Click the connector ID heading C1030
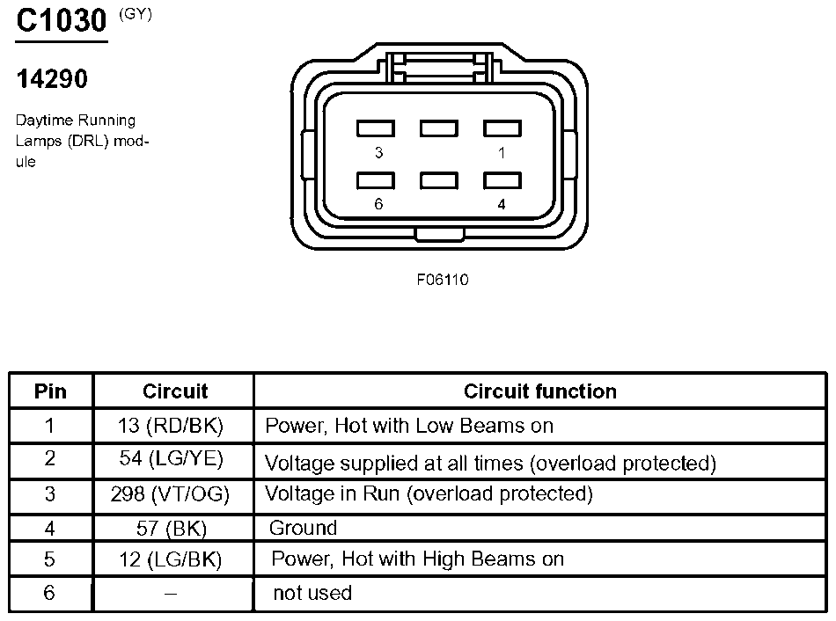(x=62, y=21)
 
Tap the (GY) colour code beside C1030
(x=136, y=14)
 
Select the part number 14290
(x=52, y=79)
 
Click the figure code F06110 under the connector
(x=443, y=280)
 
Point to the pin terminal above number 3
(x=376, y=128)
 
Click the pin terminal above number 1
(x=502, y=128)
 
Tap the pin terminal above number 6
(x=376, y=180)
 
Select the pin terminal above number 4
(x=502, y=180)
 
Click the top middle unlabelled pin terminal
(x=439, y=128)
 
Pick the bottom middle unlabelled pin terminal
(x=439, y=180)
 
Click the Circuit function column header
(x=540, y=391)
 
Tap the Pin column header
(x=50, y=391)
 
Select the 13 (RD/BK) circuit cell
(x=171, y=426)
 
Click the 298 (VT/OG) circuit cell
(x=170, y=494)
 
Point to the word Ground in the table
(x=303, y=528)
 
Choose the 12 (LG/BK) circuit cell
(x=171, y=559)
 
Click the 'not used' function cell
(x=312, y=593)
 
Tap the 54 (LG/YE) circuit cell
(x=171, y=458)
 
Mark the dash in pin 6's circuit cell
(x=171, y=593)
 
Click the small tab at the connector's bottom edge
(x=440, y=234)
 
